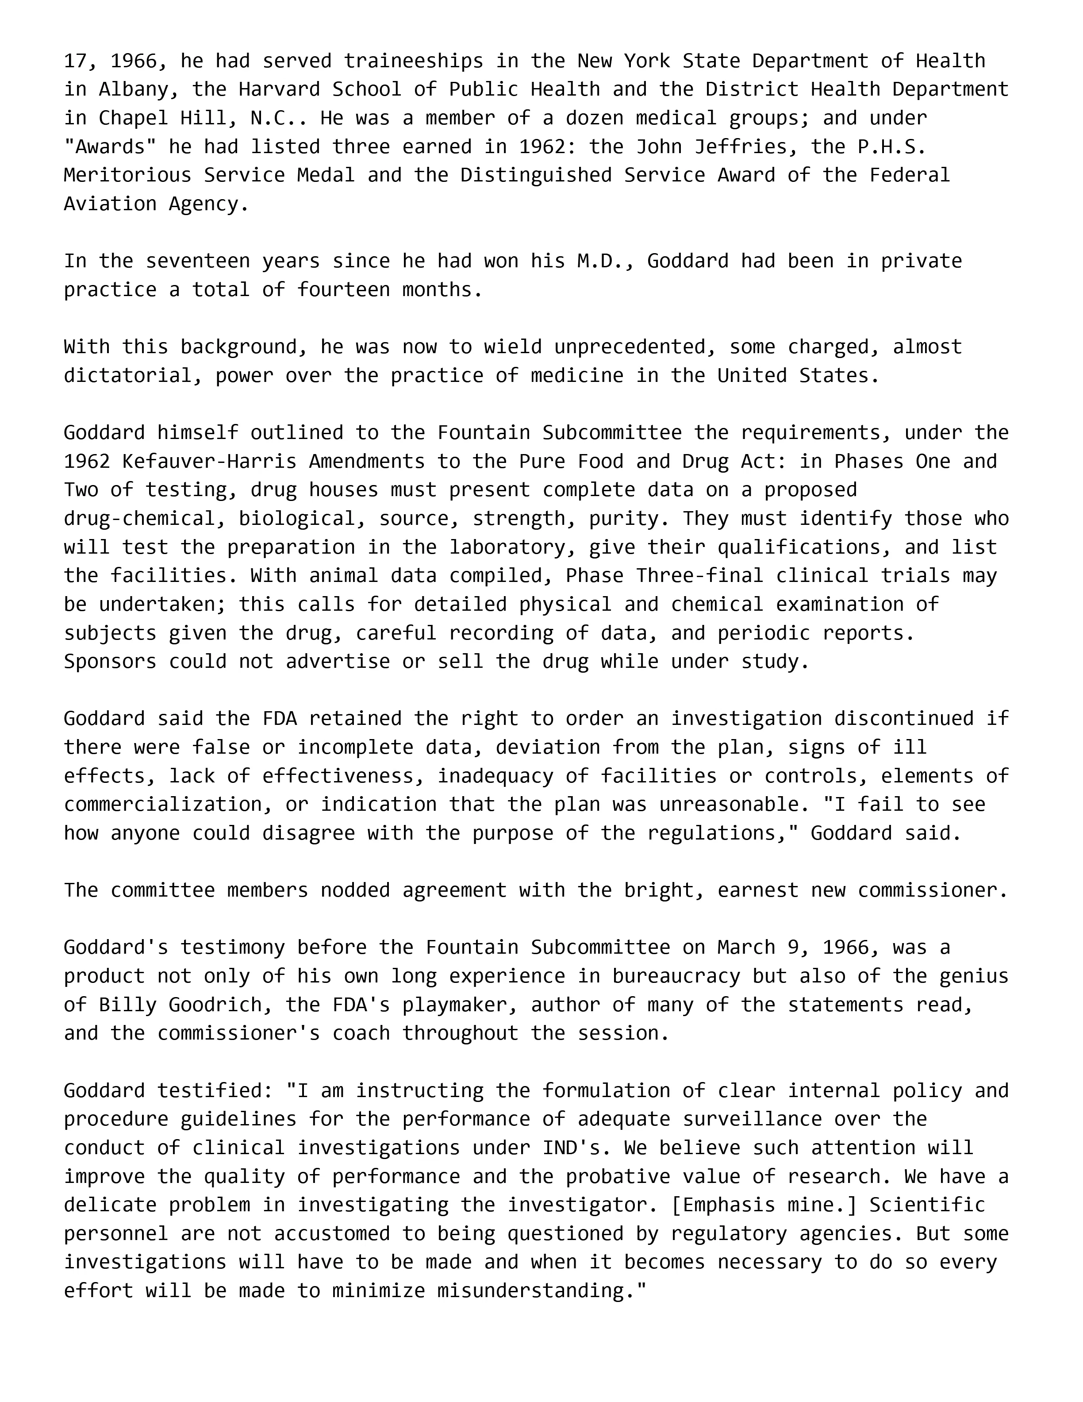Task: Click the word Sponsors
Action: pos(110,662)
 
